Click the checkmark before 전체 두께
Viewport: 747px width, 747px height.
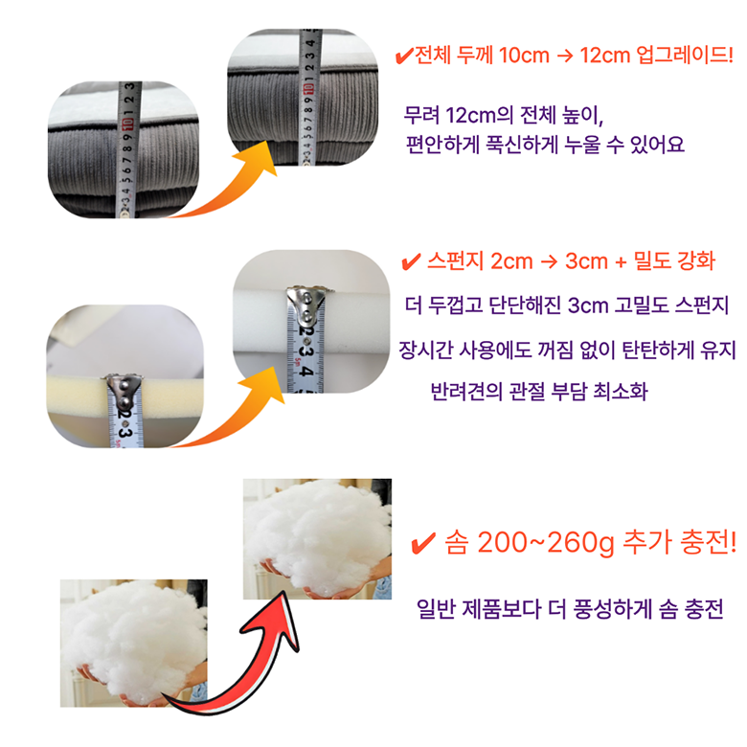click(x=404, y=57)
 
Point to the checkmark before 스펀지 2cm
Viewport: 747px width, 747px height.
click(x=411, y=261)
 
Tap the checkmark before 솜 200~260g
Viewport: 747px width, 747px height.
click(x=422, y=543)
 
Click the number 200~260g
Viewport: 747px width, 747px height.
click(x=546, y=543)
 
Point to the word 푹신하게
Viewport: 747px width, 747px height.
click(x=521, y=145)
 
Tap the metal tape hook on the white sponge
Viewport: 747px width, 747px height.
click(x=306, y=304)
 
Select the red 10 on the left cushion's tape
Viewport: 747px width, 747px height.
click(x=127, y=124)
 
